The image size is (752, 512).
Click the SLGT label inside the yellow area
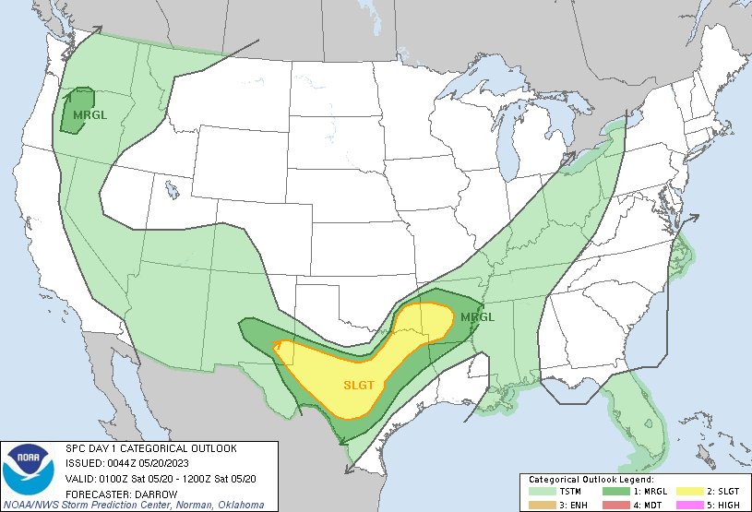(x=359, y=386)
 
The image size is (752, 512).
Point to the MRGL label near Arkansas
(x=477, y=317)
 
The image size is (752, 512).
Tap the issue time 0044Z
(x=122, y=462)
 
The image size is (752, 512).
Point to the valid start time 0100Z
(x=115, y=477)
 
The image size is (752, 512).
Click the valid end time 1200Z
(x=195, y=477)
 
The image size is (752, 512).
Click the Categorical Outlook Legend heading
(x=591, y=480)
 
